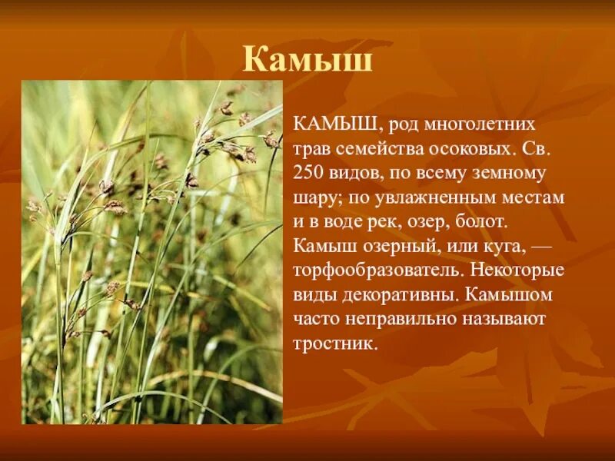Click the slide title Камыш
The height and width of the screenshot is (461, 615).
[x=307, y=59]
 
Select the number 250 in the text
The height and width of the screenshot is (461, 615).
[x=307, y=173]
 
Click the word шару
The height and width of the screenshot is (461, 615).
[x=314, y=197]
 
